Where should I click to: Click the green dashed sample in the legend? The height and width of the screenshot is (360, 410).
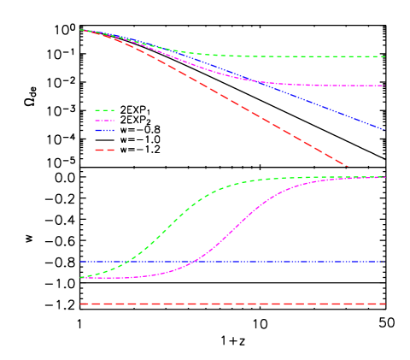(x=104, y=110)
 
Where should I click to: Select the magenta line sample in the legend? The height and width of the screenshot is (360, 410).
(x=104, y=121)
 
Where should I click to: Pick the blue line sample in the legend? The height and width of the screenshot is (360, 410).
(x=104, y=131)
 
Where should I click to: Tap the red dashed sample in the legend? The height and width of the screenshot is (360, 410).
(x=104, y=150)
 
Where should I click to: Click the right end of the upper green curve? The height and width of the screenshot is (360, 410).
(x=384, y=56)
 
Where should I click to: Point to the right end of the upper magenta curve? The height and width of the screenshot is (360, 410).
(x=384, y=86)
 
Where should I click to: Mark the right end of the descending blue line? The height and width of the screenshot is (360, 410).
(x=384, y=129)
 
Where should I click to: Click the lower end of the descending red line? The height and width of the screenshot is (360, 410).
(x=348, y=166)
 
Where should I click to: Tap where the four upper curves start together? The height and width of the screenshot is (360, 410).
(x=80, y=30)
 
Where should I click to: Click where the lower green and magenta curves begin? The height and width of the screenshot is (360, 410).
(x=81, y=278)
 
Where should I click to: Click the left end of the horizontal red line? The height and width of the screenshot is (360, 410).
(x=80, y=304)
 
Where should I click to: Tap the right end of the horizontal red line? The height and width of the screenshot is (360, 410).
(x=384, y=304)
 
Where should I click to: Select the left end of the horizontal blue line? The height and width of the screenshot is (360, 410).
(x=80, y=262)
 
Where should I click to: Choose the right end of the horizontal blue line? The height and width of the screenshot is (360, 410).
(x=384, y=262)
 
